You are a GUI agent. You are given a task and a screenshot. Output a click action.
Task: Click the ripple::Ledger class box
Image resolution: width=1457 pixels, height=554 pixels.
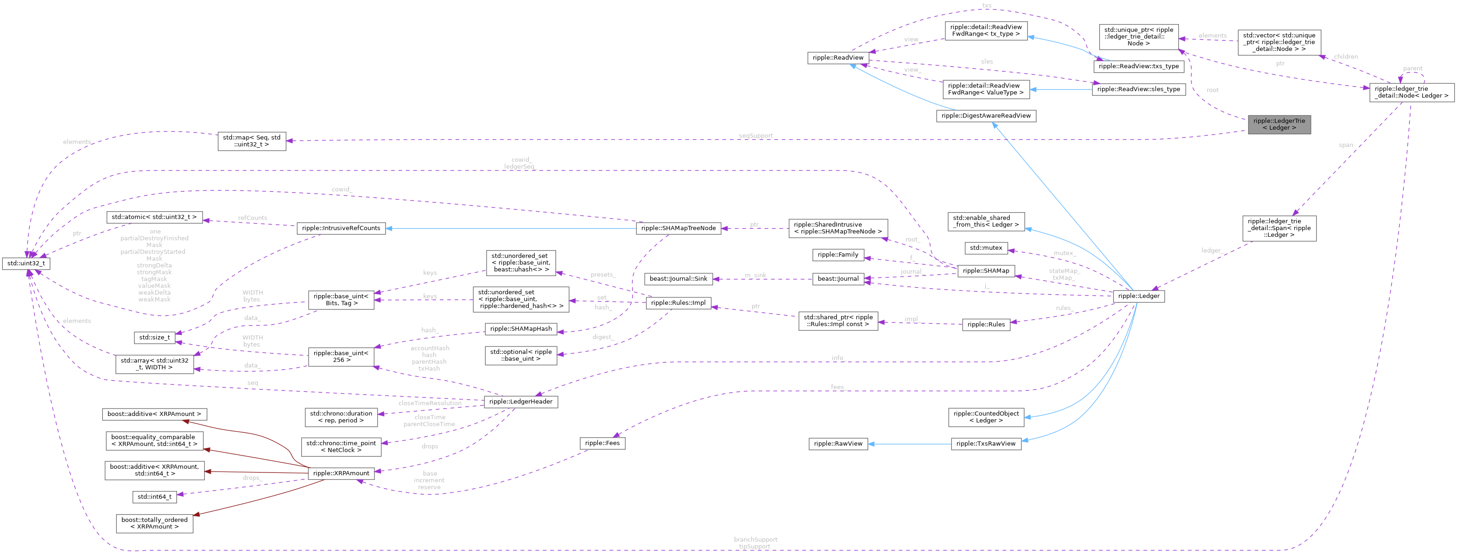(x=1139, y=296)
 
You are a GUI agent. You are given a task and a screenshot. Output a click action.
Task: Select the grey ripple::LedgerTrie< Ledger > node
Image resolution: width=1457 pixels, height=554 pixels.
(x=1279, y=124)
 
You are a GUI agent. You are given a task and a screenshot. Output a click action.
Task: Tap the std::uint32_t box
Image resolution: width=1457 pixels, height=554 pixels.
(x=26, y=264)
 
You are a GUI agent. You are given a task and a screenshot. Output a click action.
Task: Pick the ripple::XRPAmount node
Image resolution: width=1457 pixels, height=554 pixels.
(x=341, y=473)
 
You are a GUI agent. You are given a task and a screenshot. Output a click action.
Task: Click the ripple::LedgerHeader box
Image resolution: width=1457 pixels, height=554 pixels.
(x=521, y=401)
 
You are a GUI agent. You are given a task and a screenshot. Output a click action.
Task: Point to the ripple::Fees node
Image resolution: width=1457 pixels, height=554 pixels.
(x=602, y=443)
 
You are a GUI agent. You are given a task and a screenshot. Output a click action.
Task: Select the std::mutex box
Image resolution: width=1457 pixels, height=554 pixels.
(x=986, y=248)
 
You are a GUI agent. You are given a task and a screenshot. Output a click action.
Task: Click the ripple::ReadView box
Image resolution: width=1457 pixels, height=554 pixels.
(x=838, y=57)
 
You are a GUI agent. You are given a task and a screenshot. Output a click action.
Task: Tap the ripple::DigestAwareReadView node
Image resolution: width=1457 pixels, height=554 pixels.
(x=986, y=115)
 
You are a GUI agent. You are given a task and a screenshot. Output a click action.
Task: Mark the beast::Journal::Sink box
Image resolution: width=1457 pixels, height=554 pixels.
(x=678, y=279)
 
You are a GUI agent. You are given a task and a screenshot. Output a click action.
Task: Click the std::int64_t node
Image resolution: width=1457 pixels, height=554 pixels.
(x=154, y=497)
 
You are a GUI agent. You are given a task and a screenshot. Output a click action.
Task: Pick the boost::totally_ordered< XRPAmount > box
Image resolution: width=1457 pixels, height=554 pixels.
(x=154, y=523)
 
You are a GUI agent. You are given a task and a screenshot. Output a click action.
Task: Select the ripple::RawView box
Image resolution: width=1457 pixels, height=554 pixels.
(x=838, y=444)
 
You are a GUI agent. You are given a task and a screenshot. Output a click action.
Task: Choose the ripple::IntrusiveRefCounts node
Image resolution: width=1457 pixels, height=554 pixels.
(x=341, y=228)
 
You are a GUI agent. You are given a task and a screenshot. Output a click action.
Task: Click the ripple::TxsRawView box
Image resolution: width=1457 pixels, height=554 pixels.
(x=986, y=444)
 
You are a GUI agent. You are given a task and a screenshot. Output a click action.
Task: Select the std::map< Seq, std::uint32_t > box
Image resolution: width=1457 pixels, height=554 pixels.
(x=252, y=141)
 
